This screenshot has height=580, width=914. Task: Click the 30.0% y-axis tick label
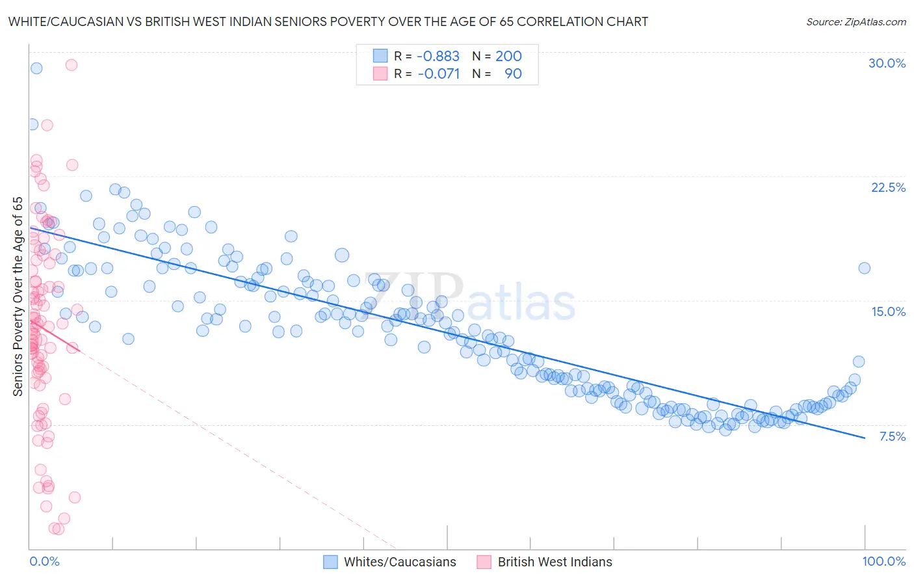pyautogui.click(x=887, y=63)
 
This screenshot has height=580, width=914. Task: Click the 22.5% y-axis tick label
pyautogui.click(x=888, y=187)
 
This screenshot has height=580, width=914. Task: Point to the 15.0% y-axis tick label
pyautogui.click(x=888, y=311)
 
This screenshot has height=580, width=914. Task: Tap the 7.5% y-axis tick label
pyautogui.click(x=892, y=436)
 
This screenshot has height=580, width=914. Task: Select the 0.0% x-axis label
pyautogui.click(x=44, y=562)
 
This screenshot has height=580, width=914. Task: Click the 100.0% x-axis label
pyautogui.click(x=883, y=562)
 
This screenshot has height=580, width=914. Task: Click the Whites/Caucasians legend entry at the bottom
pyautogui.click(x=399, y=562)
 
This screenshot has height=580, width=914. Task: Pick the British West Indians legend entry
pyautogui.click(x=555, y=562)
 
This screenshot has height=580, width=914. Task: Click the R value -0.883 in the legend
pyautogui.click(x=438, y=57)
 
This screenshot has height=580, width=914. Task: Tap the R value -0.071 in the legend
pyautogui.click(x=438, y=74)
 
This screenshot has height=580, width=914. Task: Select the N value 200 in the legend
pyautogui.click(x=508, y=57)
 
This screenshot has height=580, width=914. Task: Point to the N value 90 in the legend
pyautogui.click(x=513, y=74)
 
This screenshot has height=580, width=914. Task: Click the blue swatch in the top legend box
pyautogui.click(x=380, y=57)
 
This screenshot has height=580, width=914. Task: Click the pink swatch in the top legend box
pyautogui.click(x=380, y=74)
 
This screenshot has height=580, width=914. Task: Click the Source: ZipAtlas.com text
pyautogui.click(x=855, y=22)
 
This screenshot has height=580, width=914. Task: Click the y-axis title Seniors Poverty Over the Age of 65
pyautogui.click(x=18, y=297)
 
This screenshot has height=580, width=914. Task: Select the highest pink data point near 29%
pyautogui.click(x=72, y=65)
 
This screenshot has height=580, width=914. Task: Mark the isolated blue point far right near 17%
pyautogui.click(x=864, y=268)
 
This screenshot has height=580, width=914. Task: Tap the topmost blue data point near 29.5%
pyautogui.click(x=36, y=68)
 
